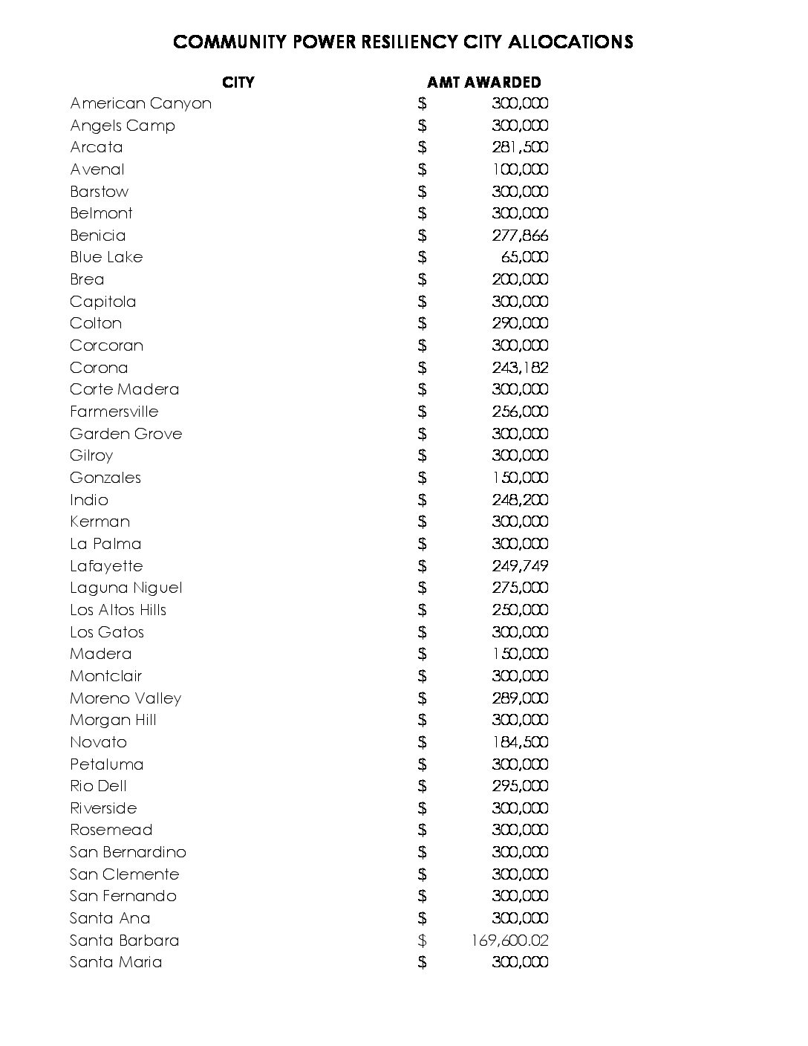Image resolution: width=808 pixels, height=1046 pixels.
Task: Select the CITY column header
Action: tap(238, 82)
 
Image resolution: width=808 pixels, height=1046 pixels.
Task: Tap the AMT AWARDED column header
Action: tap(483, 82)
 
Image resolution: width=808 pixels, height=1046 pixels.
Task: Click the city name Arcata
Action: tap(97, 147)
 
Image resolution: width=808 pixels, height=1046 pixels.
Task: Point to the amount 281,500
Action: tap(520, 147)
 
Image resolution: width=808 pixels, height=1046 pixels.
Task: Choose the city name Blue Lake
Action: tap(106, 257)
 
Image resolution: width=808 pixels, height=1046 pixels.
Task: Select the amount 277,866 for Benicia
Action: tap(520, 235)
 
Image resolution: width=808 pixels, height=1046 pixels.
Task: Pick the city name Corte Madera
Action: tap(125, 389)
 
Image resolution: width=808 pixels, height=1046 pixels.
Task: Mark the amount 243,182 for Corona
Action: tap(520, 368)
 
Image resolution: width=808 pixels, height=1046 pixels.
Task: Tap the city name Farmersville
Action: tap(114, 412)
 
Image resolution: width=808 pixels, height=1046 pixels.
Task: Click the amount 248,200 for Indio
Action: tap(520, 500)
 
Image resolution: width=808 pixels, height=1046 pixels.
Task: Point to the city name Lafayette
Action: tap(106, 566)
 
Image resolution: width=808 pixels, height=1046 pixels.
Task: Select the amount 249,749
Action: tap(520, 566)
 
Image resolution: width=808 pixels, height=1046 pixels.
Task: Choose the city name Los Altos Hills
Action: tap(118, 610)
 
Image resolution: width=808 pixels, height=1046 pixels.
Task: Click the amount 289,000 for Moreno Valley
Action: tap(520, 698)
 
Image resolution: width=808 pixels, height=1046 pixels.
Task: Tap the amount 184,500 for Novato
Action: tap(520, 742)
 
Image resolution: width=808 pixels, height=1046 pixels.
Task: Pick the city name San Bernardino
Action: tap(128, 852)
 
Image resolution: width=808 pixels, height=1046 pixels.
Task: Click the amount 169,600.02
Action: tap(509, 941)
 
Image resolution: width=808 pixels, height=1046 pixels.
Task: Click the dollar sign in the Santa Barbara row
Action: tap(422, 941)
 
